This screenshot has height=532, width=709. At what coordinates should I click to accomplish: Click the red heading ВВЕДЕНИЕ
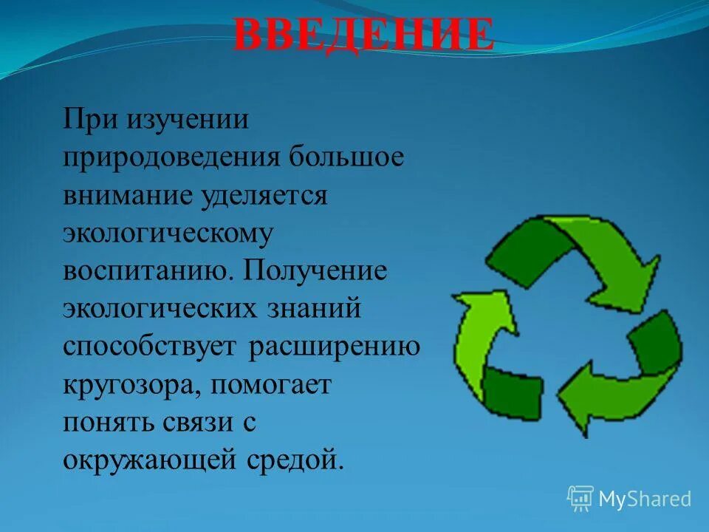click(363, 35)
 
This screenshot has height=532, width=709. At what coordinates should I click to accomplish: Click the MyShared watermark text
click(645, 499)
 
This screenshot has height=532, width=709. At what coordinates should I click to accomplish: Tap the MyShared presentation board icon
click(580, 499)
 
